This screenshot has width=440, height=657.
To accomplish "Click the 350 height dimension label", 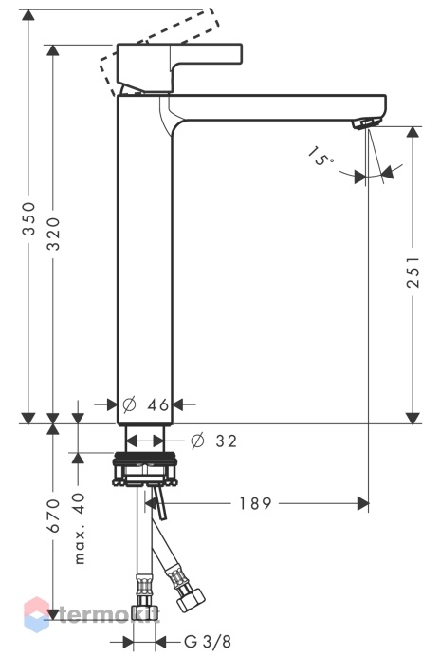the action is point(28,217).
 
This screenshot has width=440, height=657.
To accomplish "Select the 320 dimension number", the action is point(53,234).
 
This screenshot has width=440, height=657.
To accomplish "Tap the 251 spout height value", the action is point(412,272).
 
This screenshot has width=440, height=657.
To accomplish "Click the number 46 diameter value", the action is point(158,404).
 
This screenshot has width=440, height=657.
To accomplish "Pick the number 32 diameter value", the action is point(226,441).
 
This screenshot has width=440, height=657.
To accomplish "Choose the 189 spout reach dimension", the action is point(255,503).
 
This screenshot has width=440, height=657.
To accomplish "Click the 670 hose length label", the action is point(54,516).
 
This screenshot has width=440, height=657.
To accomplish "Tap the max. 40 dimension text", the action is point(79,529).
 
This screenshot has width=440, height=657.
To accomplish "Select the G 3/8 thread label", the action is point(208,641).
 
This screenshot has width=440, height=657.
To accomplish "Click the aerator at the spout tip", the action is point(367,123).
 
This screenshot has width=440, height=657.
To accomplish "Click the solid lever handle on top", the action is point(179,67).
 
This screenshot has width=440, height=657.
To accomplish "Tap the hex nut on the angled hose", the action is point(191,598).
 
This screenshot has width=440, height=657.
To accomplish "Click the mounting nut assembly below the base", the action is point(145,469).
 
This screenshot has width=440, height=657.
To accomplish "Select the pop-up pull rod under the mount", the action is point(159,501).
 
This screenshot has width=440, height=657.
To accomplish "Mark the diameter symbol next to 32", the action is point(197,441).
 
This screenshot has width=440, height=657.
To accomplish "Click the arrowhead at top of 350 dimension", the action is point(28,15).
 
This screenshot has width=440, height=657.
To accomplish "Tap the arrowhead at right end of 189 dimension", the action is point(362,503).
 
